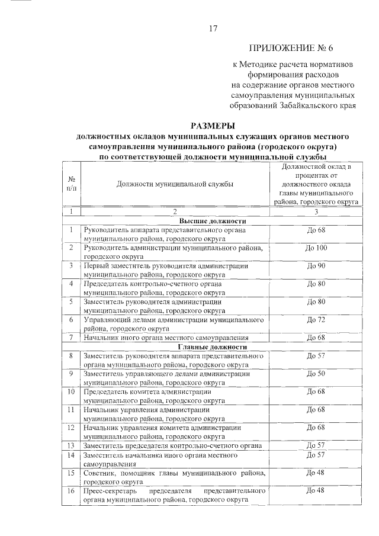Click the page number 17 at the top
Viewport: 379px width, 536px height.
(x=214, y=29)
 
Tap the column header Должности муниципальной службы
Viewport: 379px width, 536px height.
(x=175, y=184)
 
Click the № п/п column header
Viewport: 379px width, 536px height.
(x=71, y=184)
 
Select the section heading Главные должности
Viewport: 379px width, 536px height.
(x=212, y=347)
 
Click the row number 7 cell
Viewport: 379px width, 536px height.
(x=71, y=338)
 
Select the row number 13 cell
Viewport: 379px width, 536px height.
(x=71, y=445)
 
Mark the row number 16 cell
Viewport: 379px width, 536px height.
(x=71, y=490)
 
